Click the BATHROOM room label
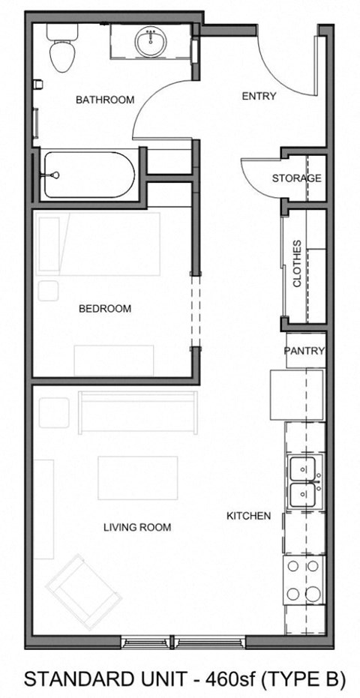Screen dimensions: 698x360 pyautogui.click(x=105, y=100)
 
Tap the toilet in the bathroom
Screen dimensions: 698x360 pyautogui.click(x=59, y=49)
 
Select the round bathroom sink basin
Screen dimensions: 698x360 pyautogui.click(x=151, y=40)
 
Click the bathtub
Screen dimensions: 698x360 pyautogui.click(x=88, y=175)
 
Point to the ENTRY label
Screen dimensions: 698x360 pyautogui.click(x=259, y=96)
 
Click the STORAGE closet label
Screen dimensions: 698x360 pyautogui.click(x=296, y=178)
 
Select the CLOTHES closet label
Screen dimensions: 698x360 pyautogui.click(x=297, y=263)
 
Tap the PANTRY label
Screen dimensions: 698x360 pyautogui.click(x=304, y=350)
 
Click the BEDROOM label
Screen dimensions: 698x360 pyautogui.click(x=105, y=308)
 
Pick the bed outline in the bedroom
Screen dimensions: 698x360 pyautogui.click(x=99, y=244)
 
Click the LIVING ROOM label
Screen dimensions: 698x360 pyautogui.click(x=137, y=527)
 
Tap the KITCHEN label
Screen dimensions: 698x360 pyautogui.click(x=249, y=516)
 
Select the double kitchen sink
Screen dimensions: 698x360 pyautogui.click(x=304, y=481)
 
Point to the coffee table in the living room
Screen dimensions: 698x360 pyautogui.click(x=138, y=478)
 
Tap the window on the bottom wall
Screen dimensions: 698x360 pyautogui.click(x=183, y=641)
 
